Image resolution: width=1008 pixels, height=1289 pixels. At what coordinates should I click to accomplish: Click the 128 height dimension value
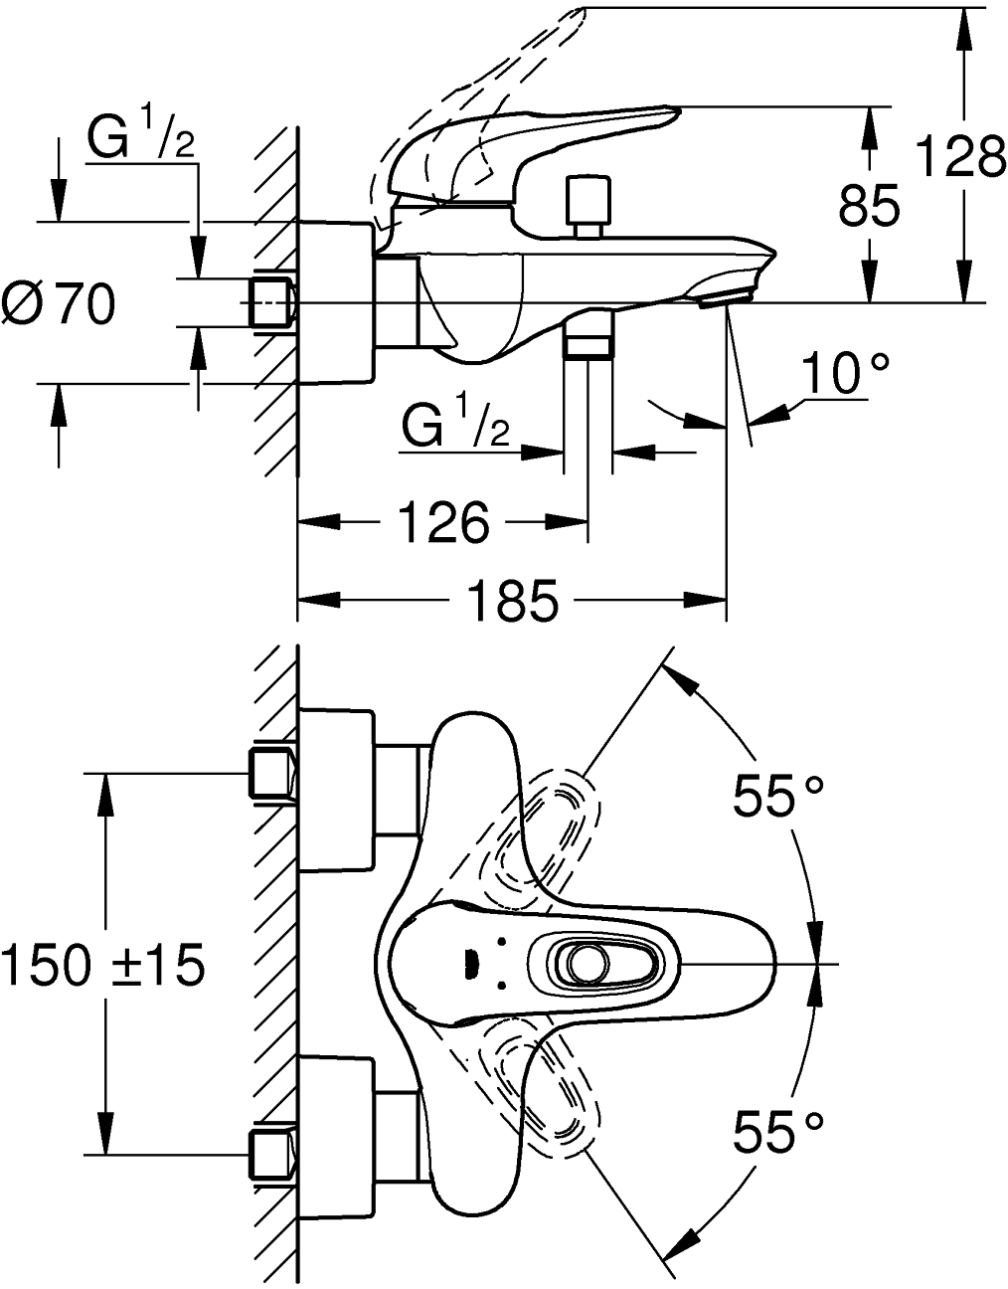[x=959, y=156]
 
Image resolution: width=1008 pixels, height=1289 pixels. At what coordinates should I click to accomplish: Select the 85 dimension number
[x=870, y=207]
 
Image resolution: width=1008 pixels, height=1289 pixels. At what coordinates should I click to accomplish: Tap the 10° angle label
[x=846, y=376]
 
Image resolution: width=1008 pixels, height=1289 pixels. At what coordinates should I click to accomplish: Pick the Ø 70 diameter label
[x=60, y=303]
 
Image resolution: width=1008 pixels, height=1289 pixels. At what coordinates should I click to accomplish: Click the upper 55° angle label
[x=778, y=797]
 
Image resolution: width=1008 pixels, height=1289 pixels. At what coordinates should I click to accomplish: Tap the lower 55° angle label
[x=778, y=1132]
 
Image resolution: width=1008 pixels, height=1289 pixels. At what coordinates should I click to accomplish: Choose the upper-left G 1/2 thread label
[x=140, y=138]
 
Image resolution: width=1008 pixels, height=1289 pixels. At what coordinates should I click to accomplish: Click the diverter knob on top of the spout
[x=588, y=203]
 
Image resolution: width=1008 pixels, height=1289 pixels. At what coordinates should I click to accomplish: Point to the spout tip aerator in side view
[x=727, y=295]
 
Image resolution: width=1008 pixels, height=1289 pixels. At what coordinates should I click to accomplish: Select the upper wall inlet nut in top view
[x=270, y=774]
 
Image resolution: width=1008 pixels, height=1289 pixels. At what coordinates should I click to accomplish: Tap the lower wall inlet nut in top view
[x=270, y=1154]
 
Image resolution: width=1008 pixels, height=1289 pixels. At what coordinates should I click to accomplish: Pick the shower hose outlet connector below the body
[x=588, y=338]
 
